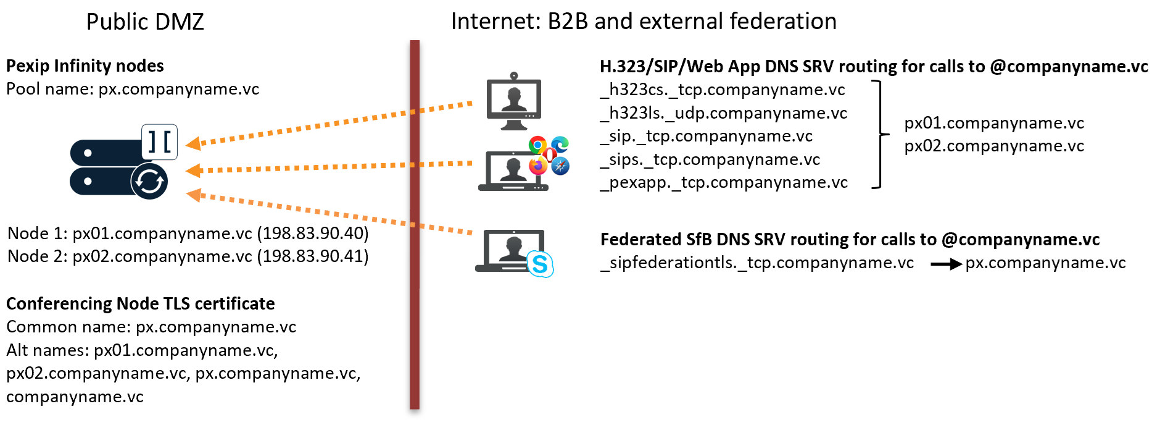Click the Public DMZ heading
coord(144,22)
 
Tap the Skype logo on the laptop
coord(540,264)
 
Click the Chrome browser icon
coord(537,145)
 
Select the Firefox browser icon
coord(538,166)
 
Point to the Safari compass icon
coord(560,166)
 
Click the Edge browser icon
coord(560,145)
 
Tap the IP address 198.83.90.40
coord(313,234)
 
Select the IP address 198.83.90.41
coord(313,256)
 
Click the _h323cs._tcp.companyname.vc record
coord(723,90)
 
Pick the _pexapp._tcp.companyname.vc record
coord(724,183)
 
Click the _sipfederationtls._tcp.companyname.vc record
coord(757,263)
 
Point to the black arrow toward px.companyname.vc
coord(946,264)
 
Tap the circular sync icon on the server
coord(149,182)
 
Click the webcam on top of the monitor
coord(513,77)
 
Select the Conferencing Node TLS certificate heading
coord(140,304)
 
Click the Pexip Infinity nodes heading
coord(85,66)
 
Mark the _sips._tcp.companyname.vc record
coord(710,160)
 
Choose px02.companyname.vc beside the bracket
coord(994,146)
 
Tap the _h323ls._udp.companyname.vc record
coord(724,114)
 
